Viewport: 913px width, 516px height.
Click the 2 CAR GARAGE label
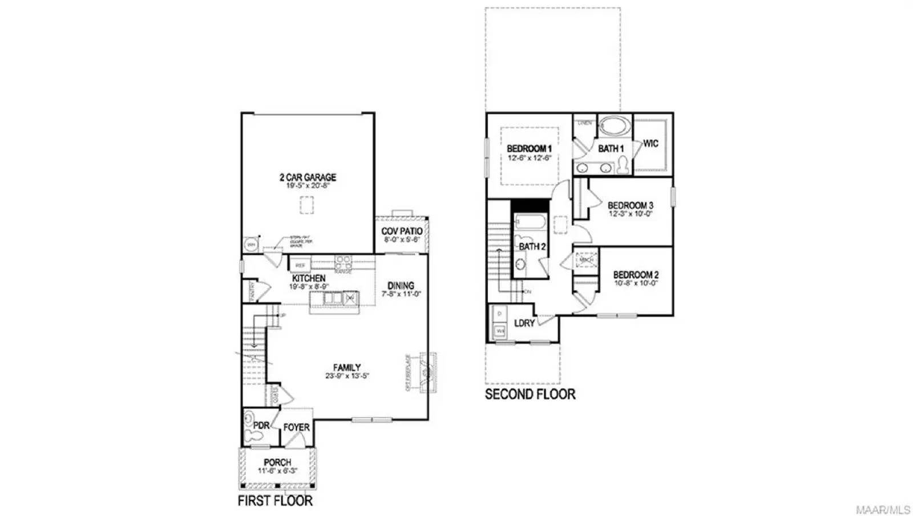click(308, 177)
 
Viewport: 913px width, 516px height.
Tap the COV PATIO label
click(402, 231)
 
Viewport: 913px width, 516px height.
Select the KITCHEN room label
click(309, 278)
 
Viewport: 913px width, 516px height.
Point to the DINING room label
click(401, 286)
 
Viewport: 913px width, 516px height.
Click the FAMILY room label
click(347, 368)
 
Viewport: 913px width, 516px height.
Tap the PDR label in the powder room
click(261, 425)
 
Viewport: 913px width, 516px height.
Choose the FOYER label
click(297, 427)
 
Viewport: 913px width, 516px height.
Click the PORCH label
click(277, 462)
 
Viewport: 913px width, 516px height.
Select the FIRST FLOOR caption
click(275, 501)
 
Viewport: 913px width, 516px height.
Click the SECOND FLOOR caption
click(530, 394)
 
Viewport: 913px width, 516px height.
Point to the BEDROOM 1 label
click(529, 149)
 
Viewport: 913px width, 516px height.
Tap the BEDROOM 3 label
click(630, 205)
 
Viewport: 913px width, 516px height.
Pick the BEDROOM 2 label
click(636, 275)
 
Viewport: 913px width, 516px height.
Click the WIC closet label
click(651, 144)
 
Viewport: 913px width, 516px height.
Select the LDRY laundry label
click(524, 323)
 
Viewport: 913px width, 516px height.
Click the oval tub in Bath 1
click(614, 126)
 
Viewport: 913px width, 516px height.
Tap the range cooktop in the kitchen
click(343, 262)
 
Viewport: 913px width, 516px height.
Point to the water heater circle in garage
click(251, 245)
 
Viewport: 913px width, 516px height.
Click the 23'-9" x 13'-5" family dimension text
click(347, 376)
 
